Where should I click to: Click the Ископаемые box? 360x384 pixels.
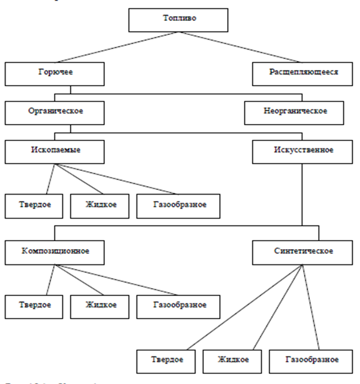55,151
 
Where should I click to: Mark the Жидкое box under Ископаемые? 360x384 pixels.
101,205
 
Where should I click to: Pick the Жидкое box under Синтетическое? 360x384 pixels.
232,360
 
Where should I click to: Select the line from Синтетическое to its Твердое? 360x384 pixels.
242,307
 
